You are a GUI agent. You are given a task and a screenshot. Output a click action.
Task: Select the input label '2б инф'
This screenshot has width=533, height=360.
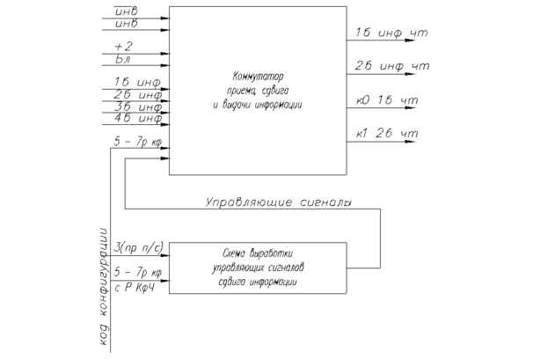point(132,95)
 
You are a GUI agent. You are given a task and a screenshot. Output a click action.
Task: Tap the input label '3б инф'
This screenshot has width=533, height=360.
point(132,107)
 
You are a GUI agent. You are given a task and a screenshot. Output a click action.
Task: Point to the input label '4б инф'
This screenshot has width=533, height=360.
point(132,119)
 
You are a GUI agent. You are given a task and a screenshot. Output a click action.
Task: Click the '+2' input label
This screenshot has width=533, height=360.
point(123,46)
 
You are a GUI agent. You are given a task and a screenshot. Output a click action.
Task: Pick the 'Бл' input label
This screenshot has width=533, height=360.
point(123,58)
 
